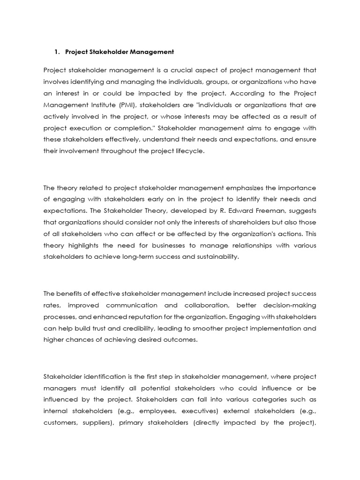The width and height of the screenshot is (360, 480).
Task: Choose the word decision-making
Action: pyautogui.click(x=291, y=305)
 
